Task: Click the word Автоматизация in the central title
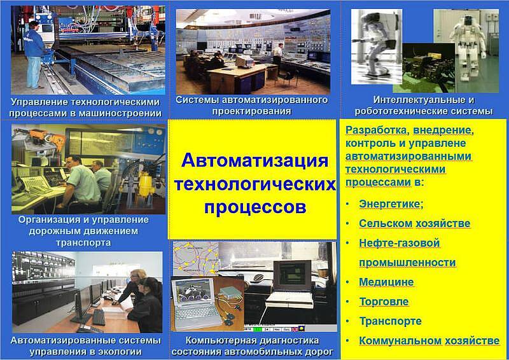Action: point(255,160)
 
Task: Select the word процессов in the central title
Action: point(255,207)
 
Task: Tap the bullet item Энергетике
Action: point(391,204)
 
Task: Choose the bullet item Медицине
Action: point(386,282)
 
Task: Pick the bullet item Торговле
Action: point(384,301)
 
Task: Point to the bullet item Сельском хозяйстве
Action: point(415,223)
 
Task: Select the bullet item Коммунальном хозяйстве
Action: point(429,341)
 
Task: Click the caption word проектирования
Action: point(251,111)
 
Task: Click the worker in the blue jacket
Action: point(34,55)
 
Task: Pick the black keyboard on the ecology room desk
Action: point(99,317)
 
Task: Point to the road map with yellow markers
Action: point(197,260)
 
